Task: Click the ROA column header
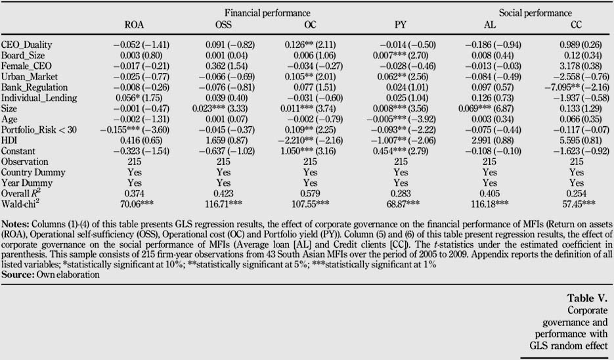(x=135, y=25)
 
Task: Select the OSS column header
(x=223, y=25)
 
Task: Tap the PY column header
(x=401, y=25)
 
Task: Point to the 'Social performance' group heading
(x=535, y=13)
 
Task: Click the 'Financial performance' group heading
(x=267, y=13)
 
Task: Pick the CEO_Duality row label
(x=27, y=45)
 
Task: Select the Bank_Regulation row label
(x=34, y=87)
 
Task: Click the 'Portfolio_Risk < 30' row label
(x=39, y=129)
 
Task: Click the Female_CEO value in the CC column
(x=577, y=66)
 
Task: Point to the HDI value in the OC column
(x=311, y=140)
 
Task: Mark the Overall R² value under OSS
(x=223, y=193)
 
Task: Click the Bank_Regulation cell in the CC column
(x=577, y=87)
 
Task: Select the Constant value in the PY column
(x=401, y=151)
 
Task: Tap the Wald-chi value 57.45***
(x=579, y=204)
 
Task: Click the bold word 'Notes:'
(x=15, y=224)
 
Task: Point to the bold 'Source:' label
(x=18, y=275)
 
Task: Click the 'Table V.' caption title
(x=587, y=298)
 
